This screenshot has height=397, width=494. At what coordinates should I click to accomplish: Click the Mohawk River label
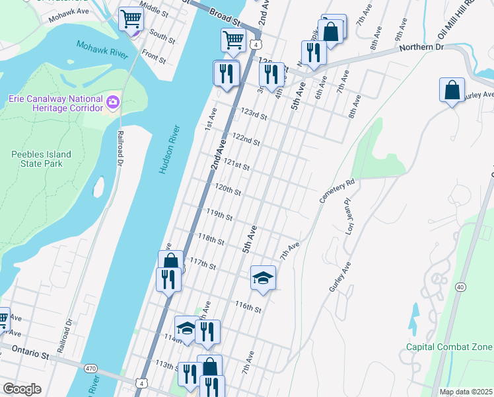(x=100, y=50)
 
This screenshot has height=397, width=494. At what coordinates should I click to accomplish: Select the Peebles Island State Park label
(x=41, y=159)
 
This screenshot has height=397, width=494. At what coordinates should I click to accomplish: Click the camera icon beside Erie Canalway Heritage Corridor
(x=113, y=102)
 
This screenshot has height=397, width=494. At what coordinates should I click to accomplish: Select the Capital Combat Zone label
(x=449, y=347)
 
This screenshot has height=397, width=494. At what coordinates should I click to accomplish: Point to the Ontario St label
(x=26, y=355)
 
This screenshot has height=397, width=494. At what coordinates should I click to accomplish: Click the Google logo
(x=22, y=388)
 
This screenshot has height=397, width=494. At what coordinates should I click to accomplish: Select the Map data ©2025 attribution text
(x=466, y=392)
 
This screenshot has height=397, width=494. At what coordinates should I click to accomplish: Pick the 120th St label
(x=228, y=189)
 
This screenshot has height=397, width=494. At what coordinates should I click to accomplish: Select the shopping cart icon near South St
(x=131, y=19)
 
